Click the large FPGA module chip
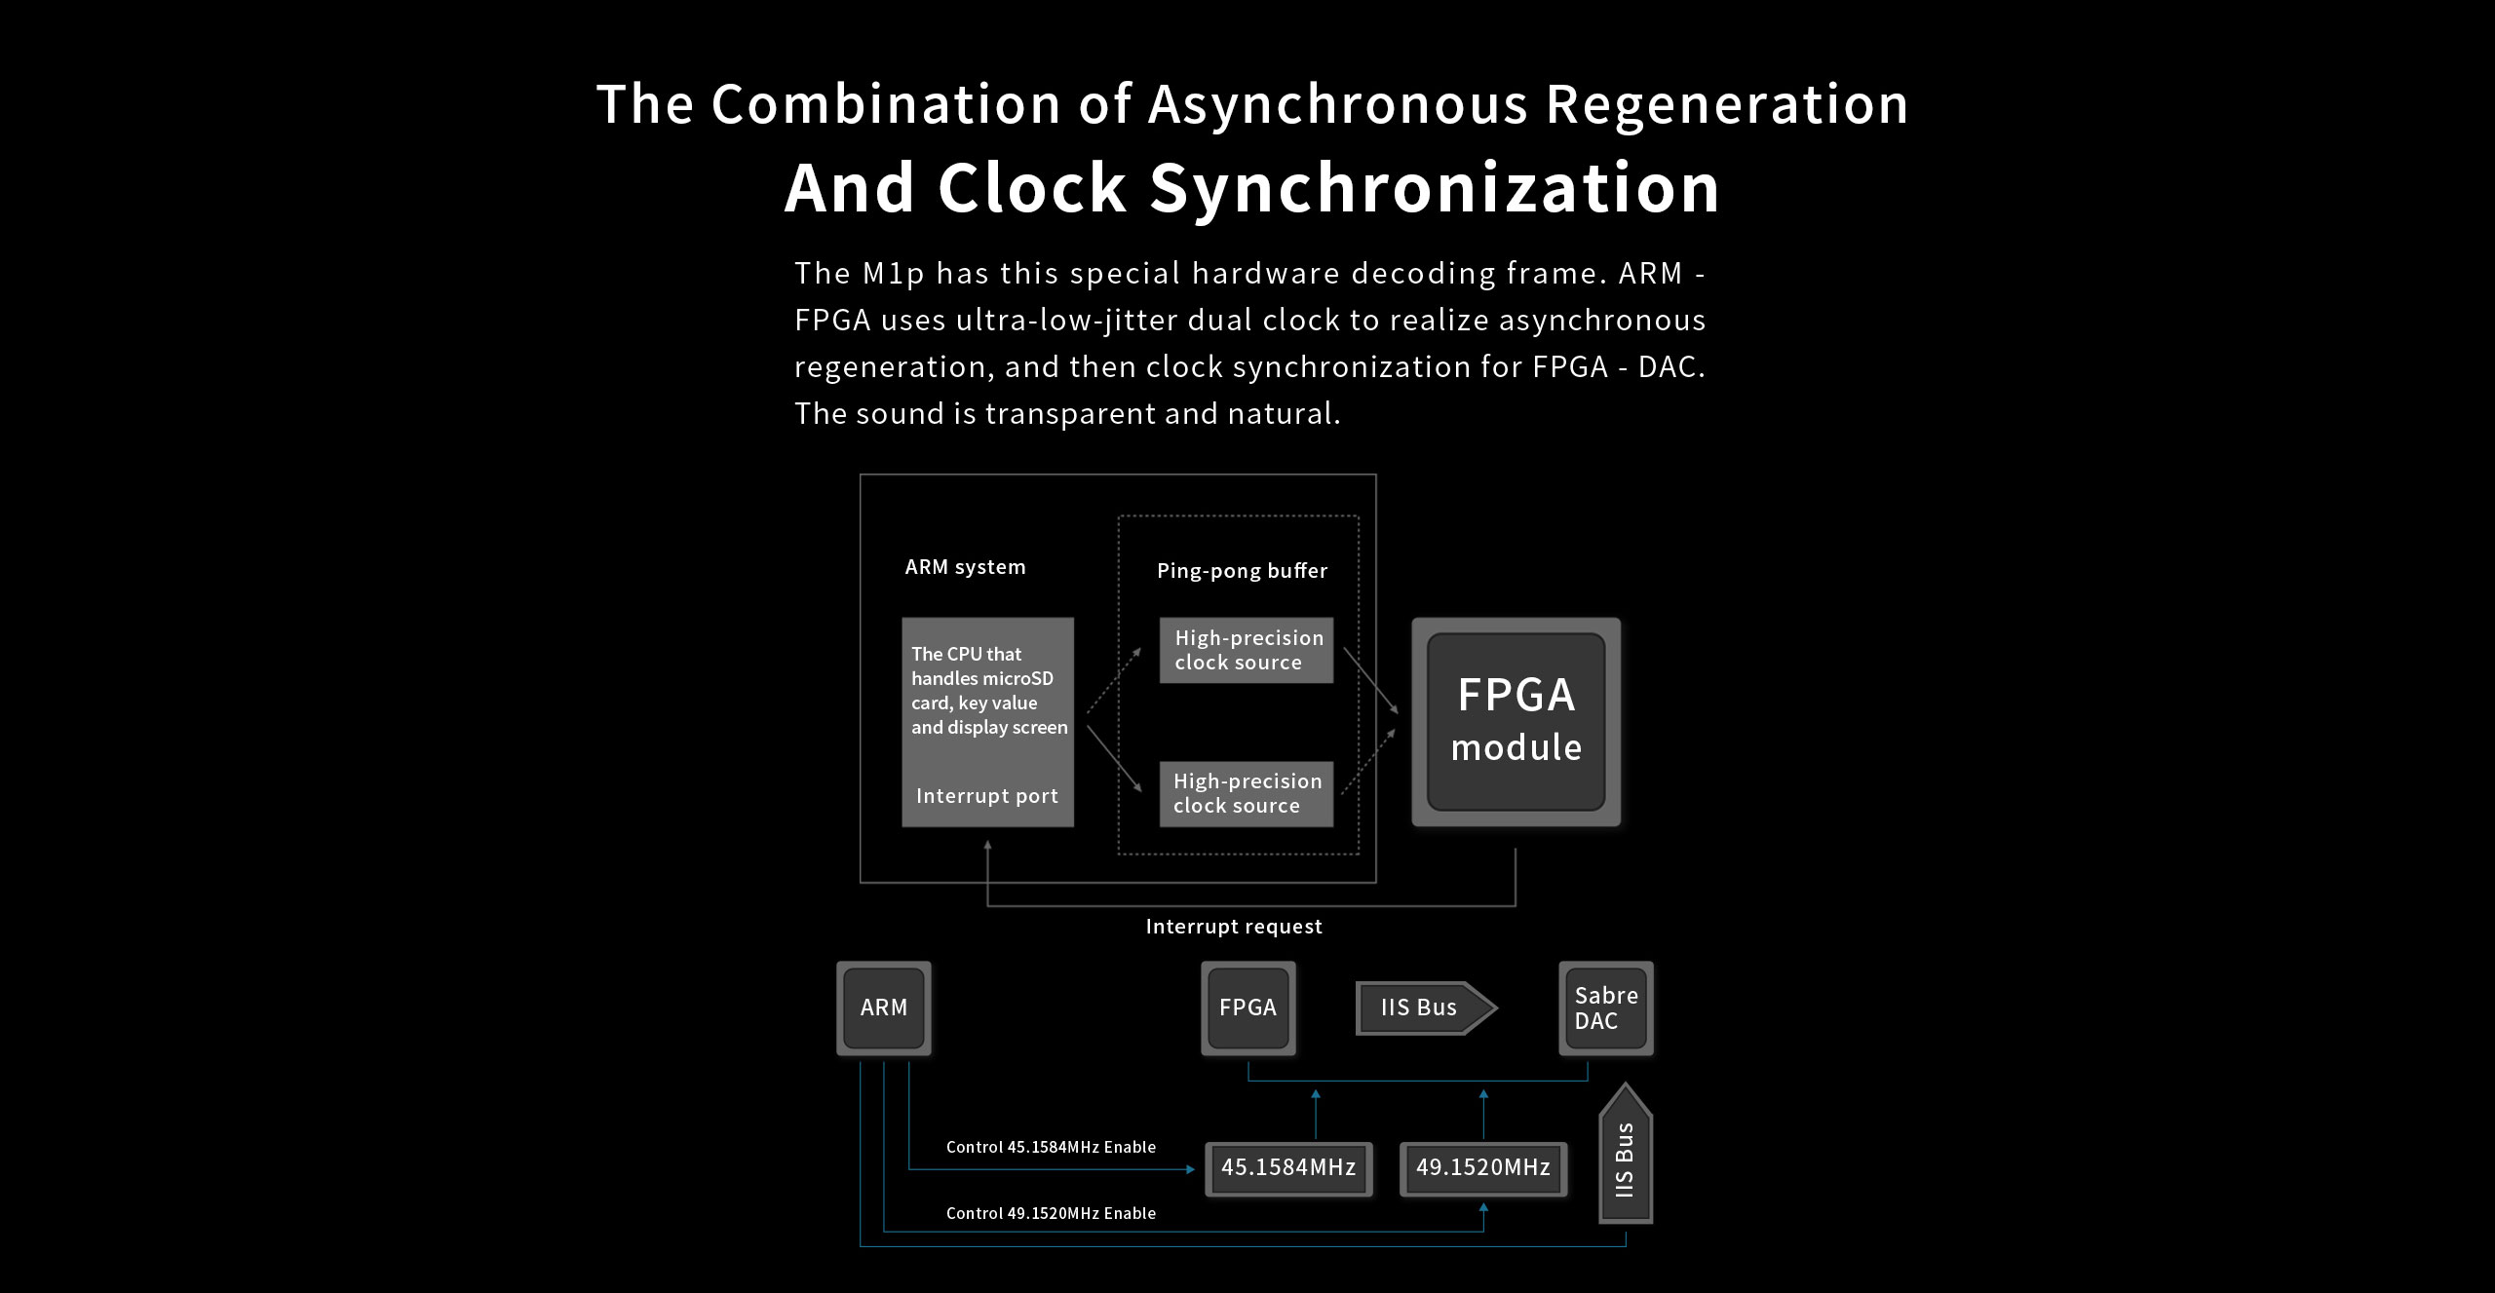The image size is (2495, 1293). (1516, 722)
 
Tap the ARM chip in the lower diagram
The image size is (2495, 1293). (883, 1008)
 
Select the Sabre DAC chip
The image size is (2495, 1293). (1605, 1008)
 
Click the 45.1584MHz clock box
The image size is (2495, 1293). (1288, 1167)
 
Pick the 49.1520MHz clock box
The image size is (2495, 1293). (1482, 1167)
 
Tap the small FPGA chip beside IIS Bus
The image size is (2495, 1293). (1247, 1008)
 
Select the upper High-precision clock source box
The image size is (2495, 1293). (1246, 650)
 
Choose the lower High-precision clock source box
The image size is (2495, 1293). (1246, 793)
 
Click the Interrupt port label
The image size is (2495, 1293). (986, 796)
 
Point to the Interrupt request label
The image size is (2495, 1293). (1234, 927)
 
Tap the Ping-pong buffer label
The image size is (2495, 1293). (1242, 571)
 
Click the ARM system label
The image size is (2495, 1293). (965, 567)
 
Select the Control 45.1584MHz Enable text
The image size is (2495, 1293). (1051, 1147)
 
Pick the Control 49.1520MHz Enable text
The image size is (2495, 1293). (1051, 1213)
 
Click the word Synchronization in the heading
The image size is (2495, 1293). (1435, 188)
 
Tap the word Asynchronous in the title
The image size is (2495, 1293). (1337, 104)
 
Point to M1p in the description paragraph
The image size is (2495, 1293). (893, 274)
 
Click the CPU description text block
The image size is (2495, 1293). (988, 691)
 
